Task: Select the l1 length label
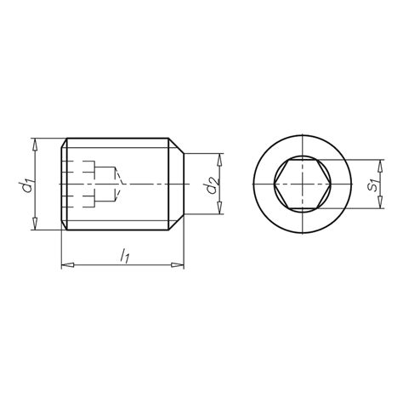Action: point(124,254)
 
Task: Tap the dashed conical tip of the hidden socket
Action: point(124,184)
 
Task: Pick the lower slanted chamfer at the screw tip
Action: point(176,222)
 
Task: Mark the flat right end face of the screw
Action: point(184,184)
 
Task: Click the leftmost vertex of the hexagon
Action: point(275,184)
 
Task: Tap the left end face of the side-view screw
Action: point(62,184)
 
